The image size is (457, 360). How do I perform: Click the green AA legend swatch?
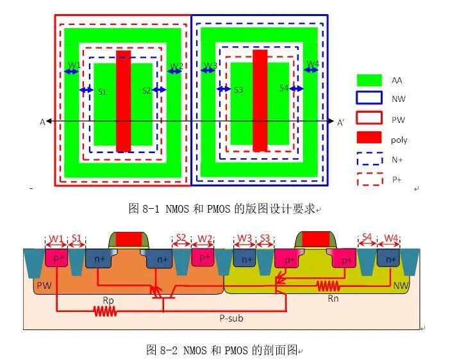[369, 80]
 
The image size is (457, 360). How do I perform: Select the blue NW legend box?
[369, 99]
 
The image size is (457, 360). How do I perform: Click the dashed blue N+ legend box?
[369, 159]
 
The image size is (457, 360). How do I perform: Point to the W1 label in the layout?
[74, 65]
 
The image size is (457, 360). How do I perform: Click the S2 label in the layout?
[147, 90]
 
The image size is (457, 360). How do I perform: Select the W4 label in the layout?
[312, 64]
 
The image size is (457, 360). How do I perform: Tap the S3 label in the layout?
[238, 90]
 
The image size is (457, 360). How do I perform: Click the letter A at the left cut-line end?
[42, 122]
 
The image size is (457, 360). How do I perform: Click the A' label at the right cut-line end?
[340, 122]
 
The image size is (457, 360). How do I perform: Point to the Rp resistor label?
[108, 299]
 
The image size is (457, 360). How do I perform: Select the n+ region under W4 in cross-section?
[388, 259]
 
